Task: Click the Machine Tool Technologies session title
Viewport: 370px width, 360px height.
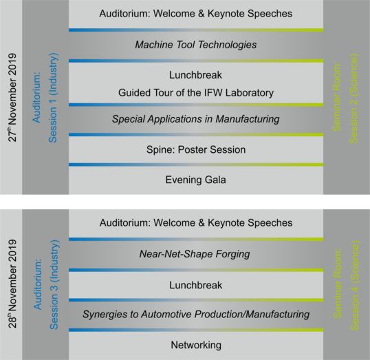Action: click(195, 45)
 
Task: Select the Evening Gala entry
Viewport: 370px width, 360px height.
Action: click(195, 180)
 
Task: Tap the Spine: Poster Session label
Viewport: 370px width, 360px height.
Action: click(196, 149)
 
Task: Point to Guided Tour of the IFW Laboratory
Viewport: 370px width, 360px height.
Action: click(196, 93)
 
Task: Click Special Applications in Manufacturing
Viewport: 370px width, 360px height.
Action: click(195, 119)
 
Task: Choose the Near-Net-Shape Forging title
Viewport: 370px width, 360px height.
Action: click(195, 254)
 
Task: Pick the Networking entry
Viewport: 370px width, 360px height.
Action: click(196, 345)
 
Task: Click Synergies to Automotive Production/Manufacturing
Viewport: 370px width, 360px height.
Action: click(196, 315)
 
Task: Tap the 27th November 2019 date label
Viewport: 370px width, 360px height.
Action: click(12, 98)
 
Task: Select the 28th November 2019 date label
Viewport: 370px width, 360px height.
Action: click(12, 284)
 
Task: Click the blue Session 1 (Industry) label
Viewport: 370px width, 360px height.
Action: click(53, 98)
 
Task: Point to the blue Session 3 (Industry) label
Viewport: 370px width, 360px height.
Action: click(54, 284)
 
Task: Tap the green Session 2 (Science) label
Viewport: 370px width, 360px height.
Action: click(353, 98)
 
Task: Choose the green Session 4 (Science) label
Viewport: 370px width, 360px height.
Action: click(355, 286)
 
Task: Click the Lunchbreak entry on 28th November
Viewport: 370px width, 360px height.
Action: click(195, 285)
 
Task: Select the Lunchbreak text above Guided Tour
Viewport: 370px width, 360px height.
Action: click(195, 75)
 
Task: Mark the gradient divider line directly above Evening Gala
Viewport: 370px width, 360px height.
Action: click(196, 165)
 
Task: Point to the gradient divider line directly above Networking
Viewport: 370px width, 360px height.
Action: click(196, 330)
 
